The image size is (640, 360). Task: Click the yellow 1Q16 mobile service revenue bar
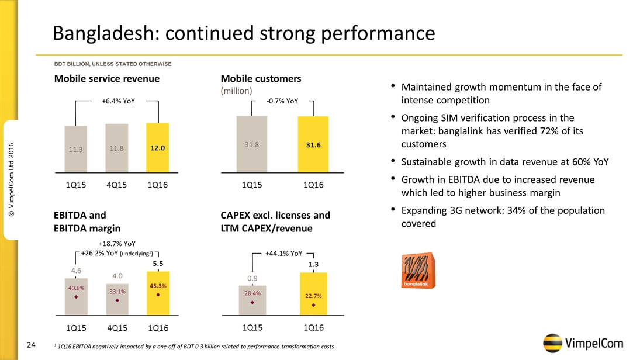pyautogui.click(x=157, y=148)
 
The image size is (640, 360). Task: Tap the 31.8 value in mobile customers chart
pyautogui.click(x=252, y=144)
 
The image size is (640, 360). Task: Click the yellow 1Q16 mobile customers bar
pyautogui.click(x=313, y=144)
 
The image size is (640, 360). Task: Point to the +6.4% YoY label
pyautogui.click(x=118, y=101)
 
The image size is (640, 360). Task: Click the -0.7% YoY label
pyautogui.click(x=282, y=101)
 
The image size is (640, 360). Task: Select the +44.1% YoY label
pyautogui.click(x=283, y=254)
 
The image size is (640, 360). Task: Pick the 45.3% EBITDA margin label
pyautogui.click(x=157, y=286)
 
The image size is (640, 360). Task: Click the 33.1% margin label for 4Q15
pyautogui.click(x=117, y=290)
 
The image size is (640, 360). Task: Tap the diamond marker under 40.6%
pyautogui.click(x=77, y=297)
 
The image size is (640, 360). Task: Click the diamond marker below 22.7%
pyautogui.click(x=314, y=305)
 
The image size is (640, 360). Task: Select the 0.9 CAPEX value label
pyautogui.click(x=252, y=278)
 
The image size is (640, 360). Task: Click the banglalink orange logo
pyautogui.click(x=417, y=271)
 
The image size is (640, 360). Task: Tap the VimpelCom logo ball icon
pyautogui.click(x=553, y=344)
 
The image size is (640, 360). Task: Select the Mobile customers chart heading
pyautogui.click(x=261, y=78)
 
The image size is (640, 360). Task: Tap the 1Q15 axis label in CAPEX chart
pyautogui.click(x=252, y=326)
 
